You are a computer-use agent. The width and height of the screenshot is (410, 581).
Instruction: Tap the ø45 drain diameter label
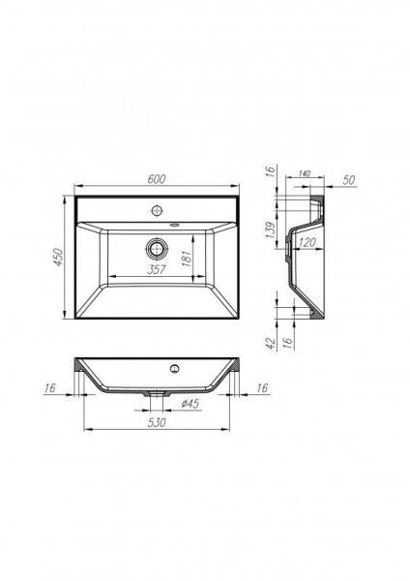[x=190, y=404]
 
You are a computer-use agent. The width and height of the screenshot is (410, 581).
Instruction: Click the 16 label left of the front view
[x=50, y=388]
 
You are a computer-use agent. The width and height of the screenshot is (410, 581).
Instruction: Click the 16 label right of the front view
[x=262, y=388]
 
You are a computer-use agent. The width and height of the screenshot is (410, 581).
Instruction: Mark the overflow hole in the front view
[x=175, y=368]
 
